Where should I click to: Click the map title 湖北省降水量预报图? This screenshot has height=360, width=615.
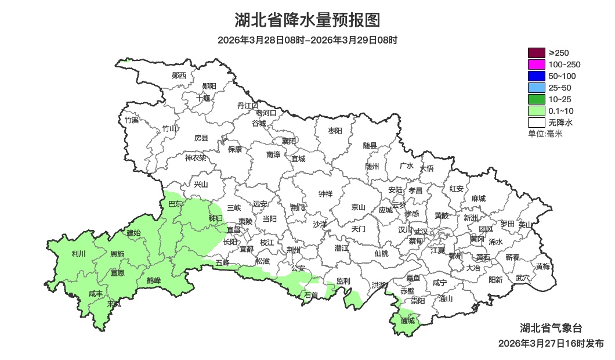point(307,20)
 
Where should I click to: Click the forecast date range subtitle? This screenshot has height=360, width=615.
point(307,40)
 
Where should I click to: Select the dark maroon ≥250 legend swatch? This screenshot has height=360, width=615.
point(536,53)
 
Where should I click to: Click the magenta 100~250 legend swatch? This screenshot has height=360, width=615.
point(536,64)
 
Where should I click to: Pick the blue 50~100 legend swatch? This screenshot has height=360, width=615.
point(536,76)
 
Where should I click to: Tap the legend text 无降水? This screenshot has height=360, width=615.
point(560,123)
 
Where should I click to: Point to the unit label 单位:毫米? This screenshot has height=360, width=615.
point(545,134)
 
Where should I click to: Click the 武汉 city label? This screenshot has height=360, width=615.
point(421,232)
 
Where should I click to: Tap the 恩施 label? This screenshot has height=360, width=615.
point(117,254)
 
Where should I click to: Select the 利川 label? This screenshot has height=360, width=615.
point(78,254)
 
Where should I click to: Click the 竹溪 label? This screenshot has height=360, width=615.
point(132,120)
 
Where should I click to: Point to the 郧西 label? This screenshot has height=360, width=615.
point(179,75)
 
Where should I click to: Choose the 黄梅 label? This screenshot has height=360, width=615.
point(543,267)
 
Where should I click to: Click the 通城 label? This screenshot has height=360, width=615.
point(408,321)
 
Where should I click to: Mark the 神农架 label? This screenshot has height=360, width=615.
point(196,157)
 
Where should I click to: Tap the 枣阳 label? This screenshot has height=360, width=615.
point(335,131)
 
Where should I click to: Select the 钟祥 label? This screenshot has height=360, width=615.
point(325,194)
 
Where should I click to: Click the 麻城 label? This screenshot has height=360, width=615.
point(478,199)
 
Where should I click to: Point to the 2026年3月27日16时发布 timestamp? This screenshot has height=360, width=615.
point(551,343)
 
